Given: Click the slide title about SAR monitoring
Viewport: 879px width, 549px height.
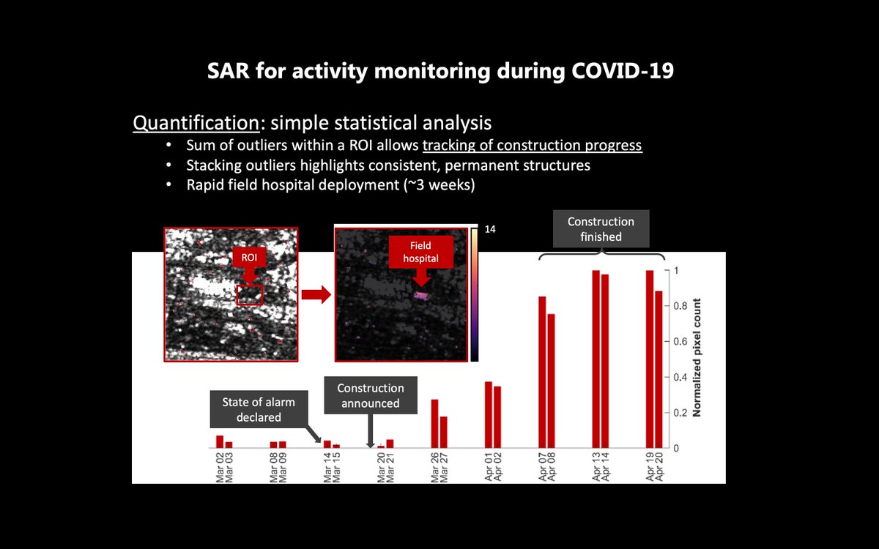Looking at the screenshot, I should pos(439,72).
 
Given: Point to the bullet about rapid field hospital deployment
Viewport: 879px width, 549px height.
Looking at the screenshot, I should pos(330,185).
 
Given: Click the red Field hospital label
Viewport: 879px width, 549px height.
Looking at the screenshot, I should pos(420,252).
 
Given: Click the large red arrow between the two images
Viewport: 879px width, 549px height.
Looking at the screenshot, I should pos(316,294).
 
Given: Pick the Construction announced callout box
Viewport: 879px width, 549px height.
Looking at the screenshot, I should pos(371,395).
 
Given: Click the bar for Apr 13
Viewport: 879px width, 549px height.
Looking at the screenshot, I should pos(596,359).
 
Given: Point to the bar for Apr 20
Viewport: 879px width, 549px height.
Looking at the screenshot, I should pos(659,369).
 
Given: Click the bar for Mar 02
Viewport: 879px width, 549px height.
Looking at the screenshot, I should pos(220,441).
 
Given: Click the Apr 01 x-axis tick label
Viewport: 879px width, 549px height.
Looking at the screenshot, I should pos(489,466).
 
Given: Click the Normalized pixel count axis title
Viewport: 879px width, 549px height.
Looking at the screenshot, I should pos(697,358).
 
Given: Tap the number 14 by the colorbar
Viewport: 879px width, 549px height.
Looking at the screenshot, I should pos(490,229).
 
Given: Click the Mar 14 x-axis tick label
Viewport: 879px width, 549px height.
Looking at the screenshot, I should pos(327,466).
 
